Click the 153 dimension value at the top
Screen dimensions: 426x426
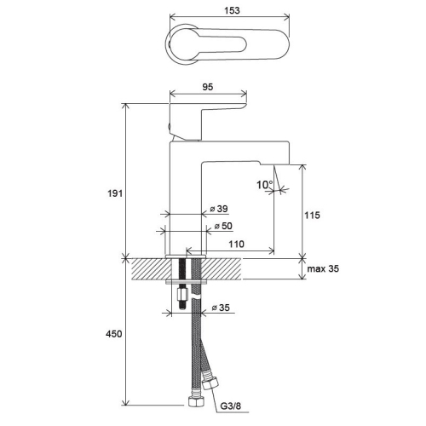point(232,10)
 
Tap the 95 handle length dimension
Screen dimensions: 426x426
point(208,87)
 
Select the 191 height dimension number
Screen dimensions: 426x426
point(115,193)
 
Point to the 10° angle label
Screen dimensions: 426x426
point(265,185)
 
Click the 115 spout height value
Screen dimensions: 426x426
point(312,216)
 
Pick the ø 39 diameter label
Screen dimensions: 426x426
point(219,209)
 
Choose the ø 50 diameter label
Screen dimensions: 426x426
point(223,226)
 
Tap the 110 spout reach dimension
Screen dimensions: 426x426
point(236,244)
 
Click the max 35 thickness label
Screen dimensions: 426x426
point(323,268)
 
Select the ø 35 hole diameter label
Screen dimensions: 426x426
point(221,308)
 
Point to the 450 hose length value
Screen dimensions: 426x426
point(114,334)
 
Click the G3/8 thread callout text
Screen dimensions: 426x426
point(231,406)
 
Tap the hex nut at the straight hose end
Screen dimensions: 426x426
point(196,401)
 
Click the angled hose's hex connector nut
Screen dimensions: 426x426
point(210,384)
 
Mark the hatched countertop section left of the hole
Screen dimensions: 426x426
point(152,268)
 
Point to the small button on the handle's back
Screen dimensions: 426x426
point(169,126)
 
